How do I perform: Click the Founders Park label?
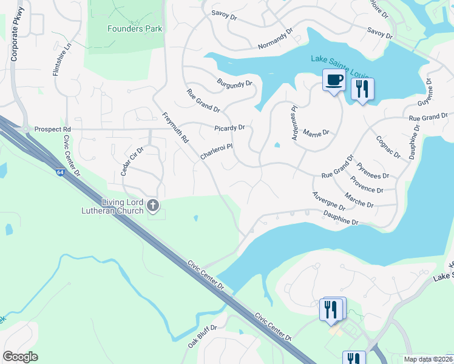click(x=127, y=29)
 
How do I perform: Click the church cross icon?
click(x=153, y=206)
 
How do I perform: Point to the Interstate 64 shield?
click(x=59, y=172)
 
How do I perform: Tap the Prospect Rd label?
click(x=53, y=129)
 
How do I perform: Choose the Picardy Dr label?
click(x=229, y=128)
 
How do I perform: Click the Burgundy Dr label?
click(x=234, y=83)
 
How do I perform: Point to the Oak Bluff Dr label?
click(x=202, y=335)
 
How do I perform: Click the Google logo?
click(x=20, y=357)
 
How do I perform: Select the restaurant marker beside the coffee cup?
click(x=362, y=89)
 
